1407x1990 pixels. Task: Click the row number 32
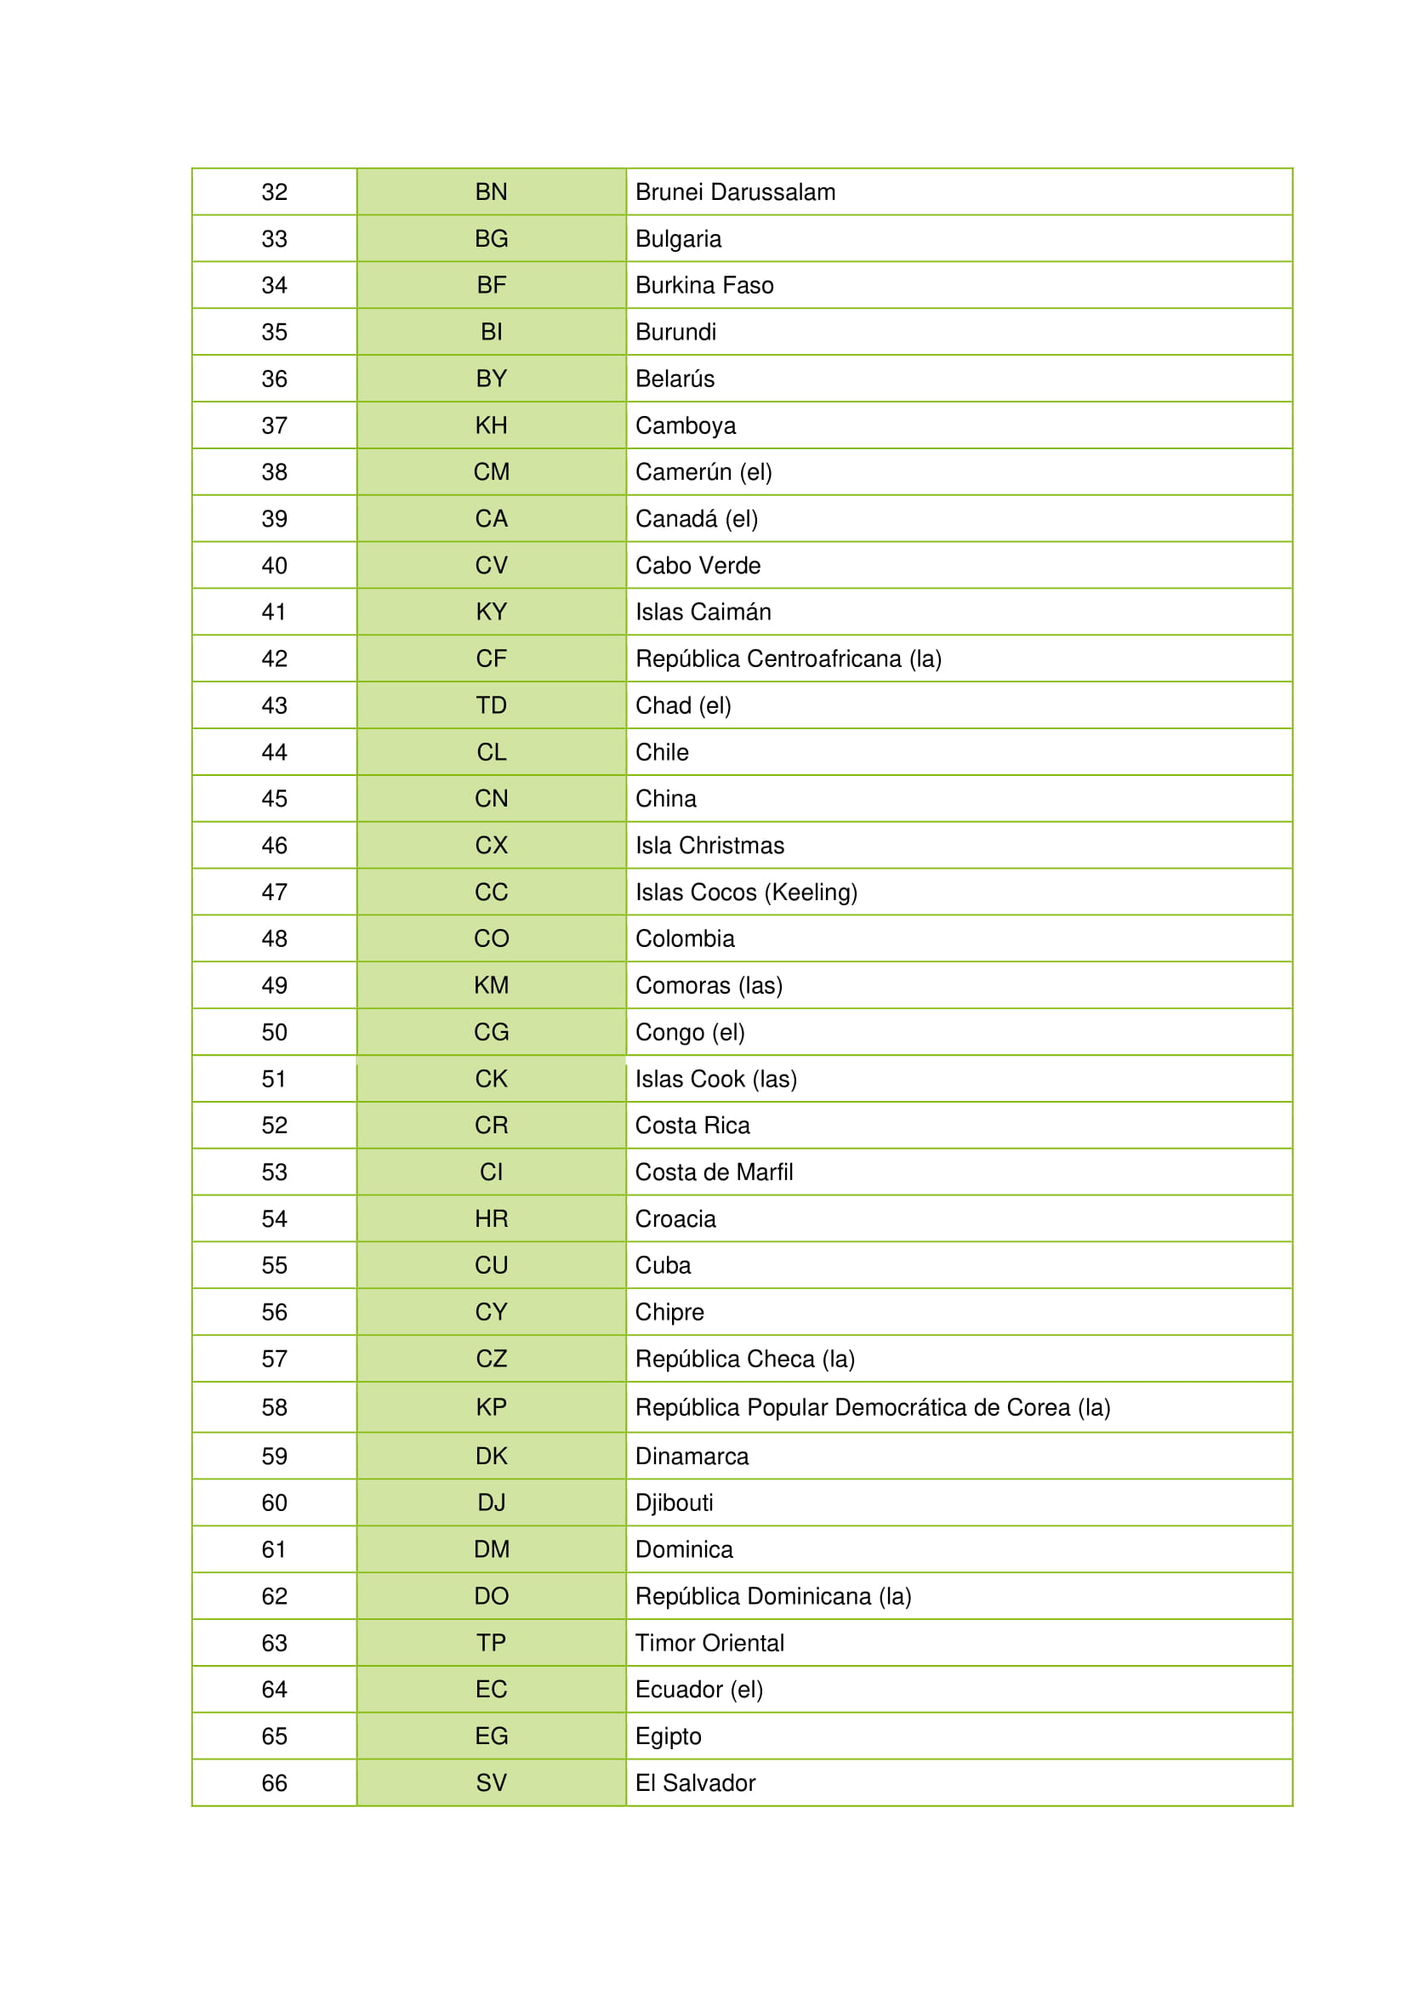point(274,191)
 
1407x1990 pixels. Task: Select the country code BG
point(491,238)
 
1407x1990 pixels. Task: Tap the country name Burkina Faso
point(703,285)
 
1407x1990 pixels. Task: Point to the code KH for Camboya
point(491,425)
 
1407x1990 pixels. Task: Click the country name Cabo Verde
point(698,565)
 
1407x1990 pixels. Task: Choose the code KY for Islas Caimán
point(491,612)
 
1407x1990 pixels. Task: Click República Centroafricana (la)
point(788,659)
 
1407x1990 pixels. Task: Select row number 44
point(274,752)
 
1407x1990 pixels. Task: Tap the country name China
point(665,798)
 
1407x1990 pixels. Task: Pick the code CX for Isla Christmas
point(491,845)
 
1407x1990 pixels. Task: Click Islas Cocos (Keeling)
point(746,892)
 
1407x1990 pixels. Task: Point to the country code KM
point(491,985)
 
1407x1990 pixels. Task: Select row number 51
point(274,1079)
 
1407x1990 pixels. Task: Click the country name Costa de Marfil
point(714,1172)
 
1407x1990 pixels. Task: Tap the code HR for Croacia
point(491,1218)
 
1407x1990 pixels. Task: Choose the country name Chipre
point(669,1312)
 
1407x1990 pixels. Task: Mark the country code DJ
point(491,1502)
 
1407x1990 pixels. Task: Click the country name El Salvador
point(695,1783)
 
